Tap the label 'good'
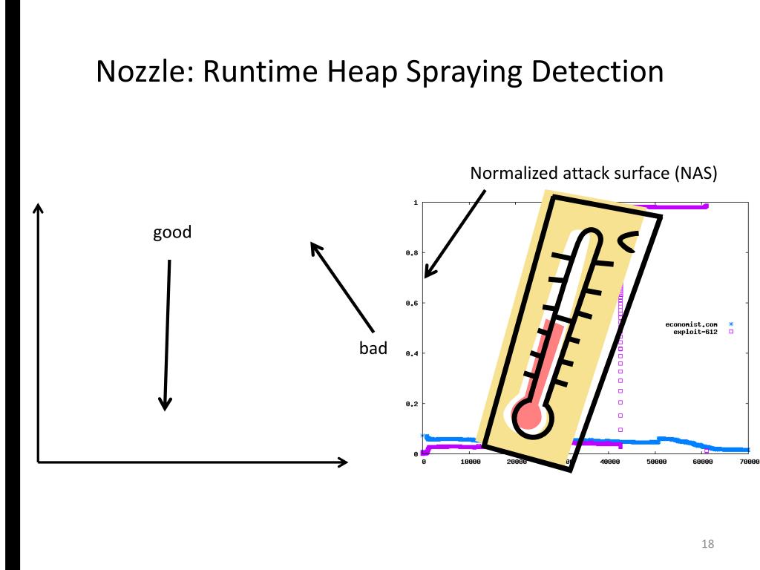pos(172,232)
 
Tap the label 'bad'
pos(373,348)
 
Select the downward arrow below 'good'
pos(167,334)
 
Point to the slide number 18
pos(707,544)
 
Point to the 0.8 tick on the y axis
pos(411,253)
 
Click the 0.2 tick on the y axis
pos(411,404)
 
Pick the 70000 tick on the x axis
pos(749,462)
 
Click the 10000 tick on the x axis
pos(471,462)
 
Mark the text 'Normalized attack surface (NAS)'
pos(594,174)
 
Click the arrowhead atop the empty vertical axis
pos(37,209)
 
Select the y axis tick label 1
pos(415,203)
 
